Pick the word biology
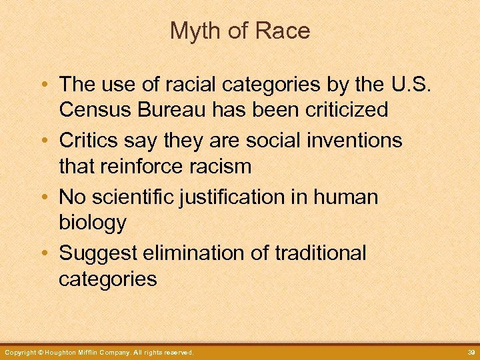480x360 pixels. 93,223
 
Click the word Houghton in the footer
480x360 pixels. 59,352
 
